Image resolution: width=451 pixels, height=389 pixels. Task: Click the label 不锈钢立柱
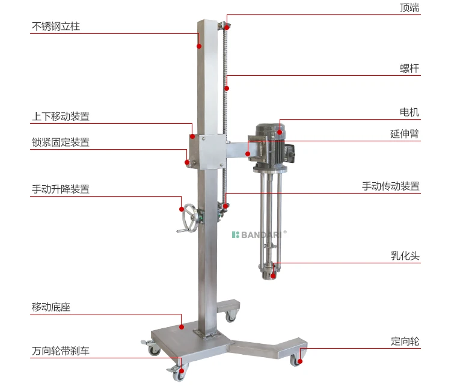[55, 26]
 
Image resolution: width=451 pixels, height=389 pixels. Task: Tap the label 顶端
[410, 8]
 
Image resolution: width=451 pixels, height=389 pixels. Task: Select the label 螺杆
[410, 69]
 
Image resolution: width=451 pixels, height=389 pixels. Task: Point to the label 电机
[410, 112]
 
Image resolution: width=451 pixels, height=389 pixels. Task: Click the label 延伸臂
[405, 134]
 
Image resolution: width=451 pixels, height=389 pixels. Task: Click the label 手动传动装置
[391, 186]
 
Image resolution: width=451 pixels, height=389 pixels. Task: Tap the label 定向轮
[405, 342]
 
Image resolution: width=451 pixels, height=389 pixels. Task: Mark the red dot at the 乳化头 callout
[274, 275]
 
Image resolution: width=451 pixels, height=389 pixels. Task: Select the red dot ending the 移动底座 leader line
[182, 327]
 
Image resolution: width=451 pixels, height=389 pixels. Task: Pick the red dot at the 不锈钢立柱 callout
[199, 45]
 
